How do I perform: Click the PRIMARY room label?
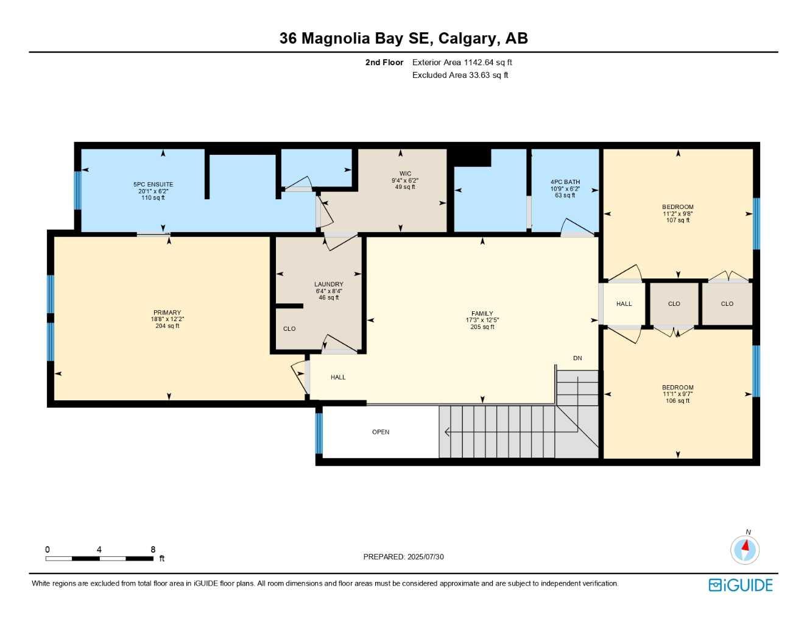pos(167,313)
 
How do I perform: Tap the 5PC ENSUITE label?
pos(153,184)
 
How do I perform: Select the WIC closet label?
pos(405,174)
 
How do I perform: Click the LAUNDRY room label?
pos(328,284)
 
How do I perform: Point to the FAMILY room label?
pos(482,314)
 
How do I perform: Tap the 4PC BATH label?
pos(565,182)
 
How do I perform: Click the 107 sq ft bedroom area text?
pos(678,221)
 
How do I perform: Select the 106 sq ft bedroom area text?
pos(678,401)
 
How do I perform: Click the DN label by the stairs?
pos(577,358)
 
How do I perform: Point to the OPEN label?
pos(381,432)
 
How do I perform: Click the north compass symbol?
pos(745,549)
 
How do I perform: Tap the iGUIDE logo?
pos(741,585)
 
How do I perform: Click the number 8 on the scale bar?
pos(153,550)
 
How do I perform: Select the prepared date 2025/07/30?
pos(403,557)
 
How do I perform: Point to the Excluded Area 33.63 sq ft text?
pos(460,76)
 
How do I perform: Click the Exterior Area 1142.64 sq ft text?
pos(462,62)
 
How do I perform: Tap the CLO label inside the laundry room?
pos(289,329)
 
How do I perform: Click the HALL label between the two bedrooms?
pos(624,303)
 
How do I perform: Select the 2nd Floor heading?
pos(384,62)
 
